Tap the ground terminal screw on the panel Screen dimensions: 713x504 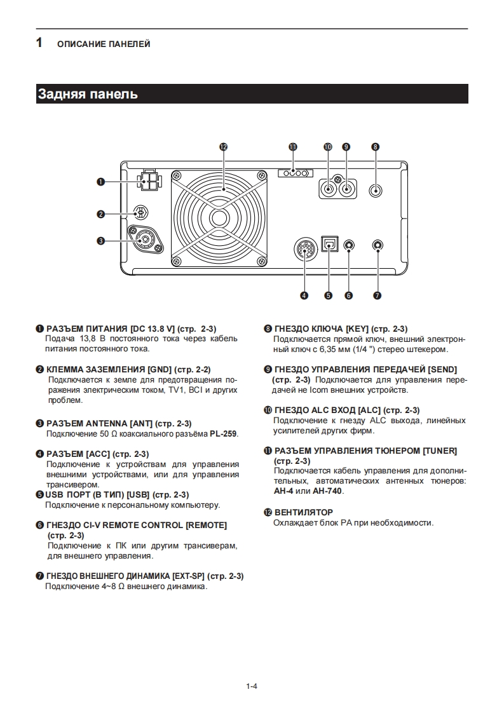click(x=142, y=213)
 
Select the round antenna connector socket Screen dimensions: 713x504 click(x=145, y=240)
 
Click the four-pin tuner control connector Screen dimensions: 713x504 click(x=296, y=173)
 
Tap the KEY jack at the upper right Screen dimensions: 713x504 click(x=376, y=189)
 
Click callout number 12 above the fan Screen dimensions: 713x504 click(x=223, y=146)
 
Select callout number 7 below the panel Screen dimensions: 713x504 click(x=377, y=295)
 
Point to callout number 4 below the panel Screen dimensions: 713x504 click(x=304, y=295)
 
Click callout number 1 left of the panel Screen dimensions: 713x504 click(x=100, y=182)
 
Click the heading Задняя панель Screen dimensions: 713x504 click(x=88, y=94)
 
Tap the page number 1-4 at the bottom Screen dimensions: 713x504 click(x=251, y=686)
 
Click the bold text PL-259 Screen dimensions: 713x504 click(x=223, y=434)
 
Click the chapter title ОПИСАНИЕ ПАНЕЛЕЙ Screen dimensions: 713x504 click(x=104, y=44)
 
